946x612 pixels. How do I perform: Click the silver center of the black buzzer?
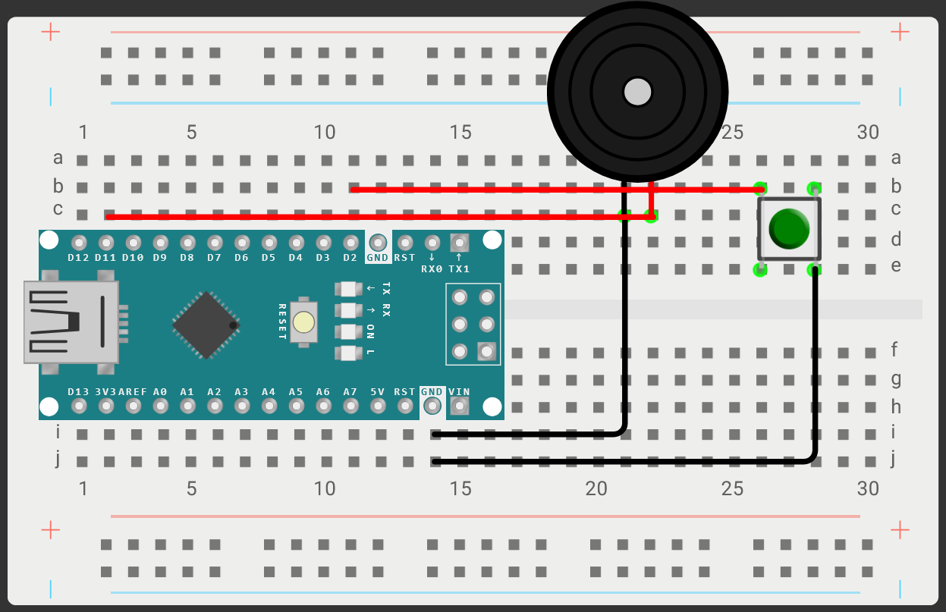[637, 92]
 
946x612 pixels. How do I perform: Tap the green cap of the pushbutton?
[789, 228]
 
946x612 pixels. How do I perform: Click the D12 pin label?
[79, 258]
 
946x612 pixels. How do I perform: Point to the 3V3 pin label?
[106, 392]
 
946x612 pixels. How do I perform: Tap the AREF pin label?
[133, 392]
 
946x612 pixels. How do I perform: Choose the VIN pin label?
[459, 392]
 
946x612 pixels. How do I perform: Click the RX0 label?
[431, 268]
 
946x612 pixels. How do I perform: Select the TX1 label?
[459, 268]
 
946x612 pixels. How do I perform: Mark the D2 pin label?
[350, 258]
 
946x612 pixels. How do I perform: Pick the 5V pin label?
[377, 392]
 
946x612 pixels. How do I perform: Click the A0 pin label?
[160, 392]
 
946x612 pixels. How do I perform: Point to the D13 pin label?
[79, 392]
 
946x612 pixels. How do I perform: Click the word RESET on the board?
[282, 322]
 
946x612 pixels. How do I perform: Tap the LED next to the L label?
[348, 353]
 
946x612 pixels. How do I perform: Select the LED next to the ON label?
[348, 331]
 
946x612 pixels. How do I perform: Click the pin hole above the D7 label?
[215, 243]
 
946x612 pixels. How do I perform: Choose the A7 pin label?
[350, 392]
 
